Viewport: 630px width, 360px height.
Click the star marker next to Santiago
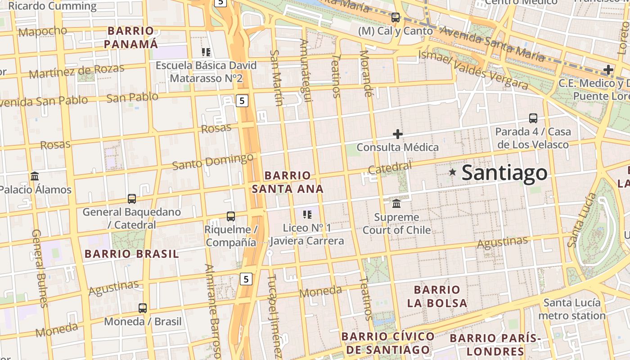[x=453, y=172]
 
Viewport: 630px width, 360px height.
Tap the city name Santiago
[x=504, y=173]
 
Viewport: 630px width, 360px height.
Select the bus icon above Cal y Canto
[x=396, y=18]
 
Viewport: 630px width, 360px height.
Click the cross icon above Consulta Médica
[x=397, y=134]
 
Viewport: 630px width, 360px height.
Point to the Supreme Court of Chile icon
[x=396, y=204]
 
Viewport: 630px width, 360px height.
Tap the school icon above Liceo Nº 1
[x=307, y=215]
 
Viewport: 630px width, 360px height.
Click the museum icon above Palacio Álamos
[x=35, y=176]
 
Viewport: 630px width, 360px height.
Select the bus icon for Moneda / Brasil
[x=143, y=308]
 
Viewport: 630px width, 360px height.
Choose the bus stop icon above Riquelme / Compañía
[x=231, y=216]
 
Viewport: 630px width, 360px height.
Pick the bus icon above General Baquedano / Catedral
[x=132, y=198]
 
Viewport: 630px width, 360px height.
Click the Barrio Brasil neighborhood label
[x=132, y=254]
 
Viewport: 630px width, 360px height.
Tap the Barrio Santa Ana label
[x=288, y=182]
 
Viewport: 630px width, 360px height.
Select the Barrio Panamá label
[x=131, y=37]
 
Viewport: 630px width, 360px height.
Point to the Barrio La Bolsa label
[x=437, y=296]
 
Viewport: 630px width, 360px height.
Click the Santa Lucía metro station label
[x=572, y=309]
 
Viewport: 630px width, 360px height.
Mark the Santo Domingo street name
[x=213, y=162]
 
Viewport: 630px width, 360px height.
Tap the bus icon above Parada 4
[x=533, y=118]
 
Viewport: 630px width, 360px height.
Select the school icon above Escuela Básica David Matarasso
[x=206, y=52]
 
